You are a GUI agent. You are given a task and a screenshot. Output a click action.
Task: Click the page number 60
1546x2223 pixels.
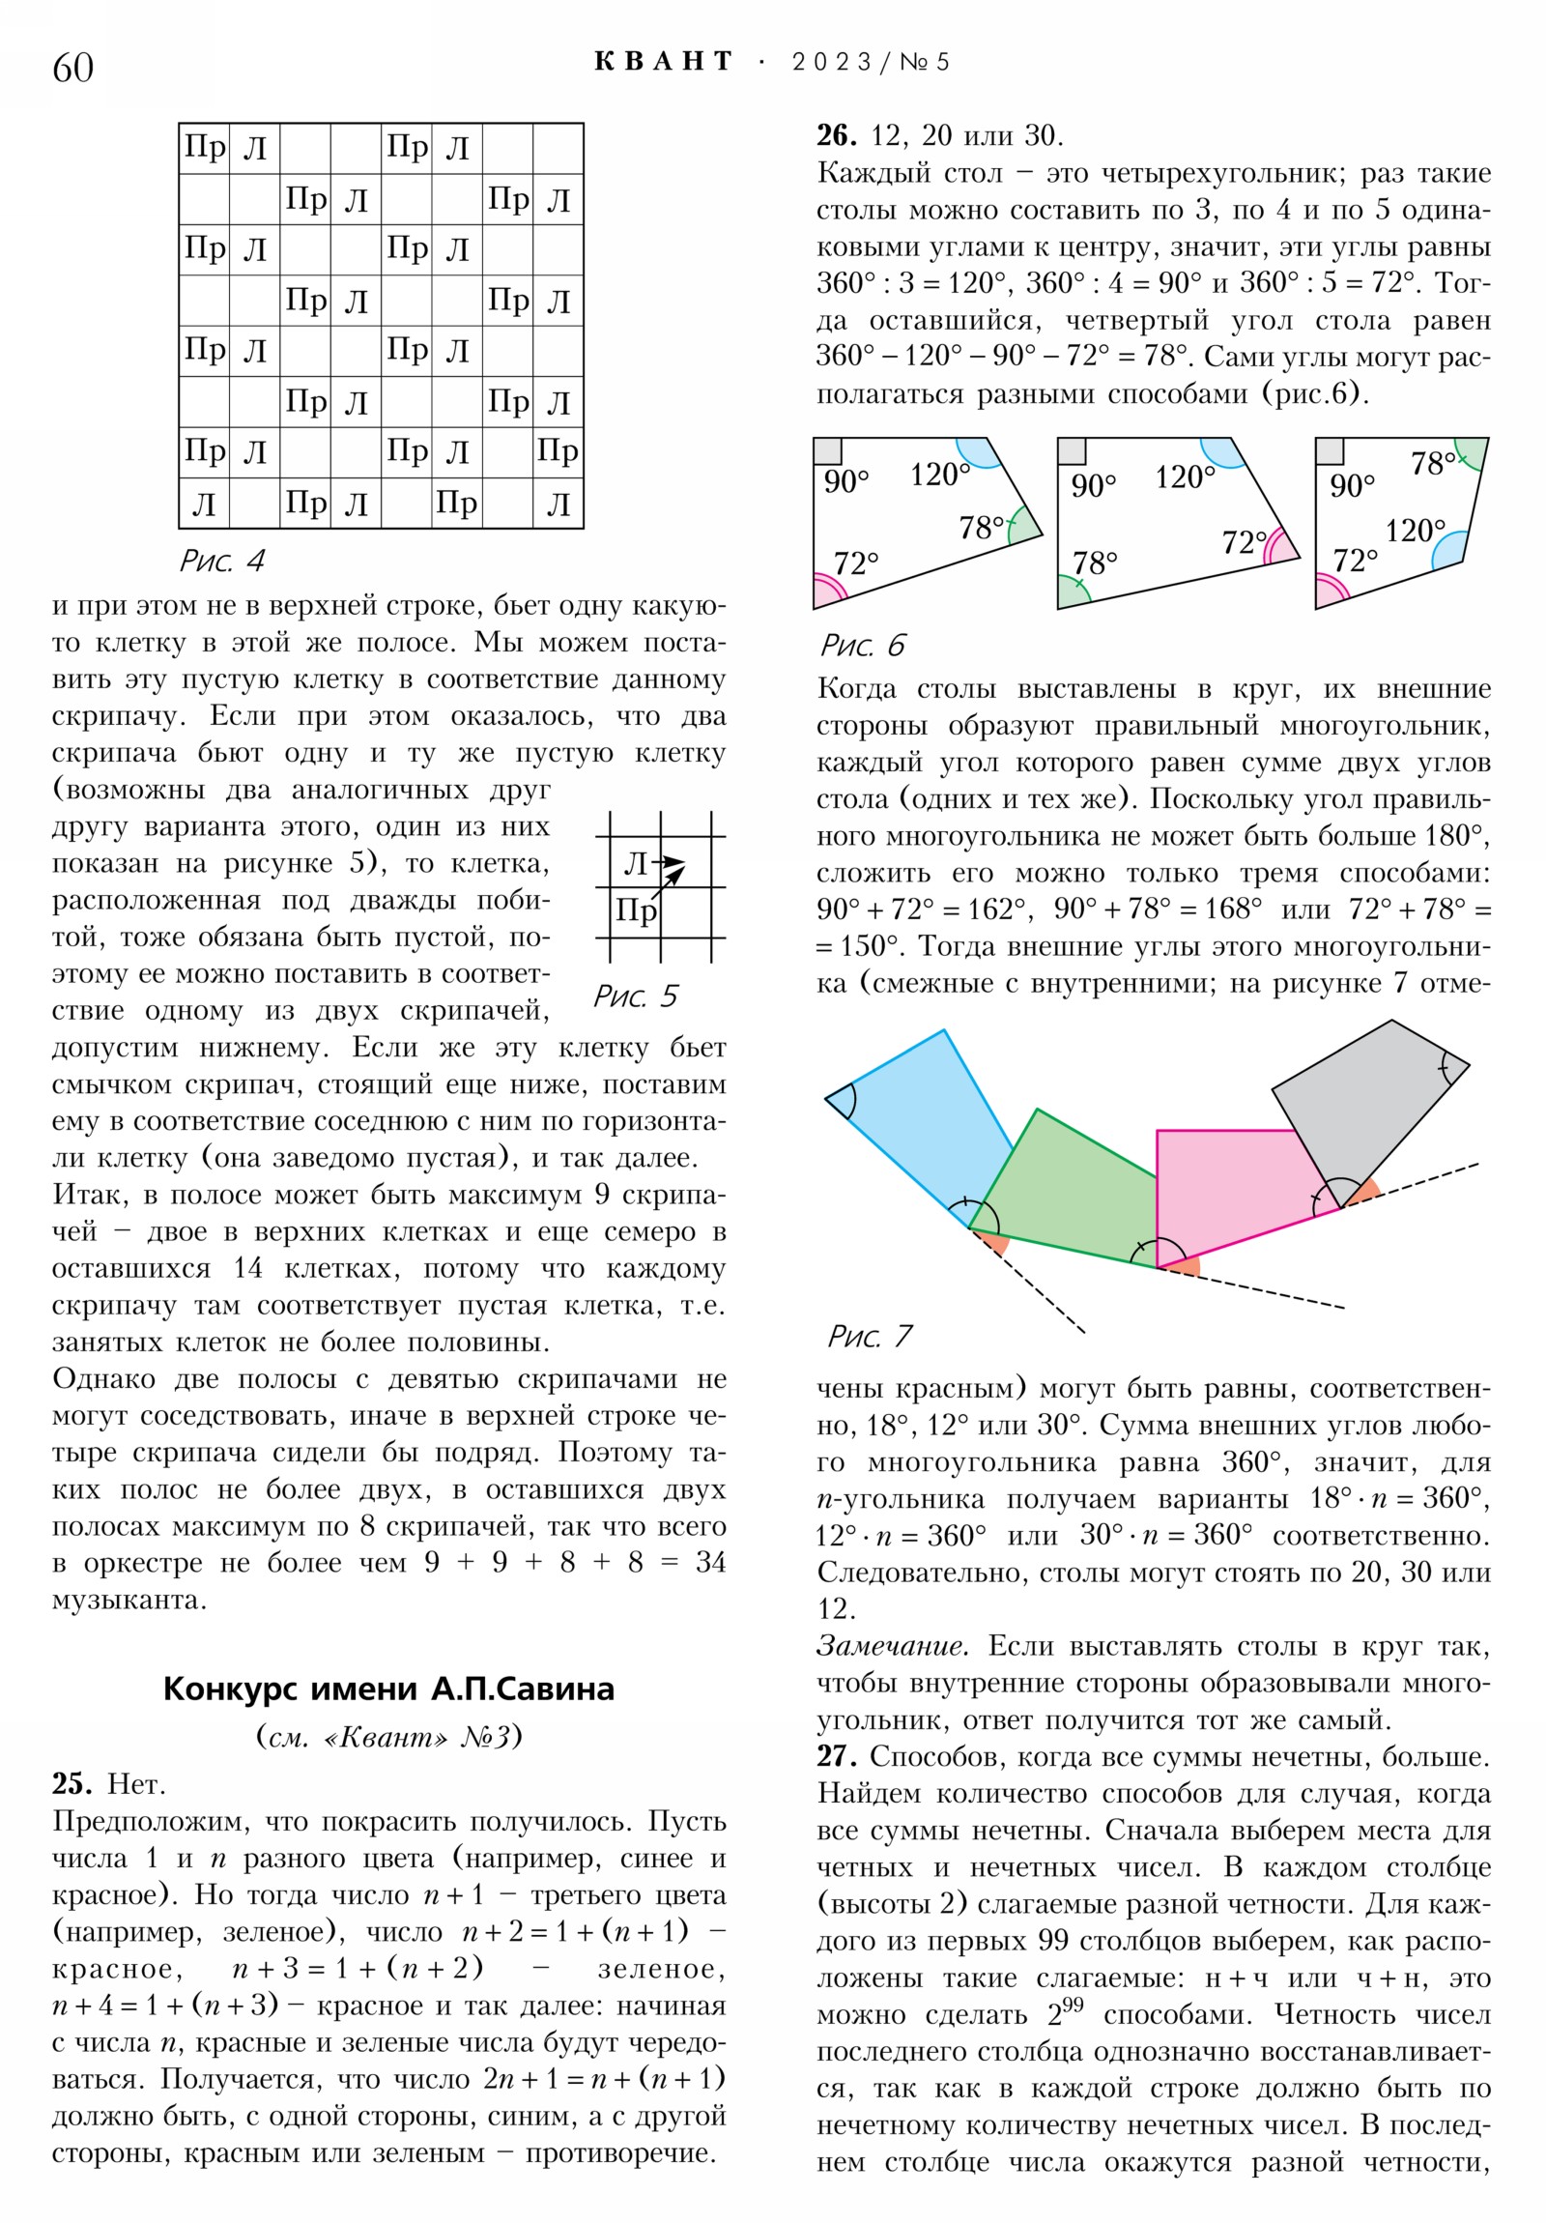72,68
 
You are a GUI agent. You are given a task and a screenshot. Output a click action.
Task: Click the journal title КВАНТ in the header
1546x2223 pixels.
663,62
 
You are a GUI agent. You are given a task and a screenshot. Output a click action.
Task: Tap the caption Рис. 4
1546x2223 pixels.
221,561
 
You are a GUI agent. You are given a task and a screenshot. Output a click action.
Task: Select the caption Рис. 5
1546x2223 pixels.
635,996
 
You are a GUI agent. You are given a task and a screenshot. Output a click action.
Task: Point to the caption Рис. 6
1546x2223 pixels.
863,645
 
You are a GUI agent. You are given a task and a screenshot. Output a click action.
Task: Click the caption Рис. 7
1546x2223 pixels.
870,1336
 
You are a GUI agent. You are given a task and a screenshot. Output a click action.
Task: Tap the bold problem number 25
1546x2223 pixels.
72,1783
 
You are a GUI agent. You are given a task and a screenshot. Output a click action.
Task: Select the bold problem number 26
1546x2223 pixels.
837,134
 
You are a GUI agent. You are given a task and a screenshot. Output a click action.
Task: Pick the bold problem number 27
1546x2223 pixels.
837,1755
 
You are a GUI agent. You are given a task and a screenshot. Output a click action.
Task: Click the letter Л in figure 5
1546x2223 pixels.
635,864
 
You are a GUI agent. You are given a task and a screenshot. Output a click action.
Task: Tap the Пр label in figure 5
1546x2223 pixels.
636,911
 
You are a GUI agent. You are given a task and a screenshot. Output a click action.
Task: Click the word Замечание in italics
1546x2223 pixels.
892,1646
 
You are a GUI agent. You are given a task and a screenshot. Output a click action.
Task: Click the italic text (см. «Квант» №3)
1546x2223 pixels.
388,1736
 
